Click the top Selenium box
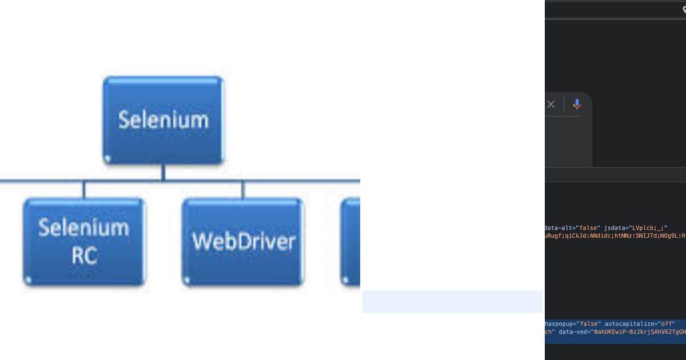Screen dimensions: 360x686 [163, 120]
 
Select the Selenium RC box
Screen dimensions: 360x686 [84, 242]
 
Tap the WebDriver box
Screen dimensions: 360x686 [242, 242]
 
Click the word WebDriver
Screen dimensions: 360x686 [243, 242]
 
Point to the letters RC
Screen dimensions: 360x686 [83, 257]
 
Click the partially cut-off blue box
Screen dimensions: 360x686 [350, 242]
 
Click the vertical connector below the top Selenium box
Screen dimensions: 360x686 [163, 172]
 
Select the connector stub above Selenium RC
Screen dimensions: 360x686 [84, 190]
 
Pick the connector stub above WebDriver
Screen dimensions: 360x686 [242, 190]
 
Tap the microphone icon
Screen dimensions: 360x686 [577, 104]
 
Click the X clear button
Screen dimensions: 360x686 [551, 104]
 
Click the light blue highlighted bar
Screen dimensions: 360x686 [452, 302]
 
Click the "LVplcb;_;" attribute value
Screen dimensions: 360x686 [649, 227]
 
